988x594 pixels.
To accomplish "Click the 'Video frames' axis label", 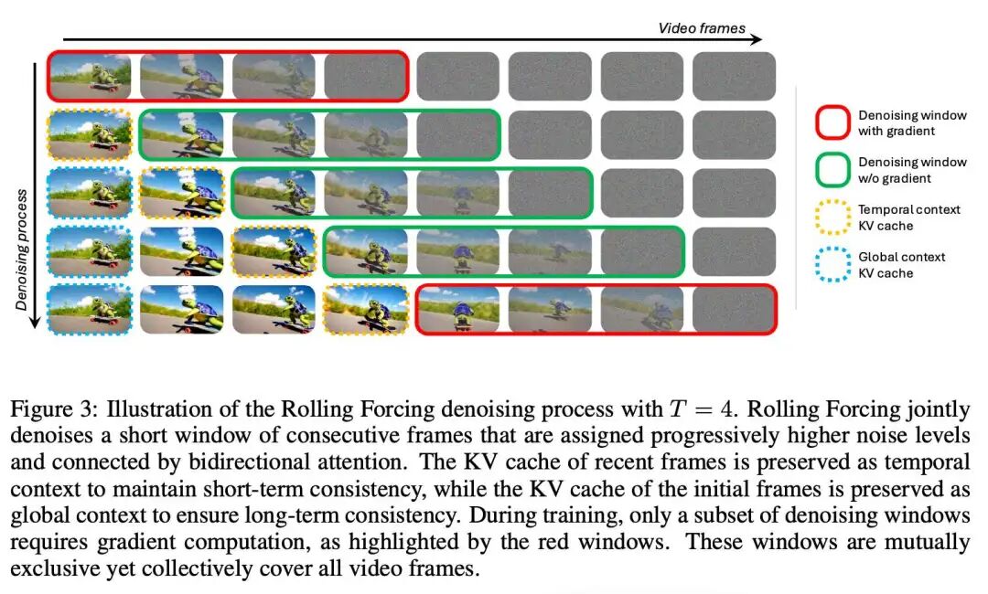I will (x=702, y=28).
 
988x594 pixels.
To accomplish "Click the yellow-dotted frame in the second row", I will (x=91, y=135).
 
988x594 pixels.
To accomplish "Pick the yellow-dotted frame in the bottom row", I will (x=366, y=309).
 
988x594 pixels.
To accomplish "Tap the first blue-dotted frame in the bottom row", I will (x=91, y=309).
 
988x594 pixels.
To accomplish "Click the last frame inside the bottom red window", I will (x=733, y=309).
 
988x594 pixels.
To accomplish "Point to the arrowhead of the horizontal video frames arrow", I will (x=757, y=39).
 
